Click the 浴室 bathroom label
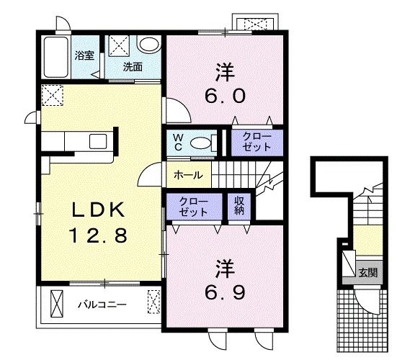tap(84, 55)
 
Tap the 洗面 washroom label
tap(133, 67)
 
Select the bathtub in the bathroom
tap(56, 57)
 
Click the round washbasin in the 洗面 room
tap(148, 44)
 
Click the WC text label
tap(178, 143)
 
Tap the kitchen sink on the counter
tap(98, 141)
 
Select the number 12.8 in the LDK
tap(98, 235)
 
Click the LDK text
tap(98, 210)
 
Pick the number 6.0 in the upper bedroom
tap(225, 96)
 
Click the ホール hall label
tap(188, 175)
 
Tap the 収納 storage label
tap(239, 206)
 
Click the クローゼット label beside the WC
tap(257, 142)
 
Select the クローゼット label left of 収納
tap(194, 207)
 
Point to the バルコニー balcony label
tap(102, 305)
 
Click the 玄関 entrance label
tap(368, 272)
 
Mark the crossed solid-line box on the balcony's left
tap(57, 304)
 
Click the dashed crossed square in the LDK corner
tap(53, 95)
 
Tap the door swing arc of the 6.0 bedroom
tap(183, 107)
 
